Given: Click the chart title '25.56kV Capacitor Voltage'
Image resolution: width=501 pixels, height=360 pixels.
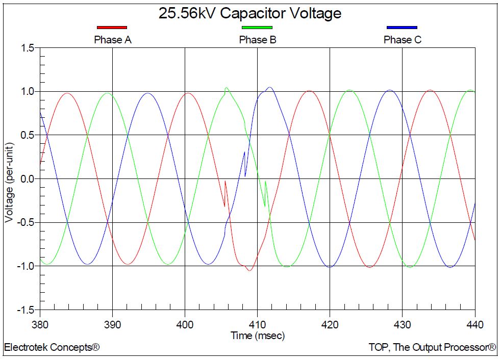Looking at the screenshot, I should click(250, 13).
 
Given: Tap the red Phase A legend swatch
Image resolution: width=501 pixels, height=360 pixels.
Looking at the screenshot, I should click(112, 27).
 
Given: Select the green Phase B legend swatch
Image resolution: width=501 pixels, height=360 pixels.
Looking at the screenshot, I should click(257, 27).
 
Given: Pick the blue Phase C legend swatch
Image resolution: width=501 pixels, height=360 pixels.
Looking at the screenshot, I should click(402, 27).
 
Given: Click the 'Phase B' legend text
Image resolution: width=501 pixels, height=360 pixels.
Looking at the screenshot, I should click(258, 40).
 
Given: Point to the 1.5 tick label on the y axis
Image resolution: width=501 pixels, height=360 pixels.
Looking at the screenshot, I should click(28, 48).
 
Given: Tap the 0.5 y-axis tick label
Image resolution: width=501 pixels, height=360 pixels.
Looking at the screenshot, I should click(28, 135).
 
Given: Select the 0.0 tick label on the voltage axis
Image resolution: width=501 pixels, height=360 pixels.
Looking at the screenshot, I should click(28, 179).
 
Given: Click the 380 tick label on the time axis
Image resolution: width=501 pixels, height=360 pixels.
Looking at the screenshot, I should click(40, 324).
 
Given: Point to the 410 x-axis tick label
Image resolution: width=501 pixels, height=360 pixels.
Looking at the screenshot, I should click(257, 324).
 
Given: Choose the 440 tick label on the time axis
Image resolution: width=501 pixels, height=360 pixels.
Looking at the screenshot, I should click(474, 324).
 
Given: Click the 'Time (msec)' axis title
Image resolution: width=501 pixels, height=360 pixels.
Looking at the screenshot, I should click(258, 336).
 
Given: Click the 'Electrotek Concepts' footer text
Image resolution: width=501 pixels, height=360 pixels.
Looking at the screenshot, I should click(52, 348).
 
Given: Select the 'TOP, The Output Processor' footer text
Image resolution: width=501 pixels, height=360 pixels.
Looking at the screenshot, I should click(432, 348).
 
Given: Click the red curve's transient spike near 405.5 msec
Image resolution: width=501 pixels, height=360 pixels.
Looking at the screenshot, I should click(225, 181).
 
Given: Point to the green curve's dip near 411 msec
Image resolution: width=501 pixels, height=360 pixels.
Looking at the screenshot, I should click(264, 205).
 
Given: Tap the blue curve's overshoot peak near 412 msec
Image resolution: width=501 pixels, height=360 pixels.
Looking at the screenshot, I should click(269, 87).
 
